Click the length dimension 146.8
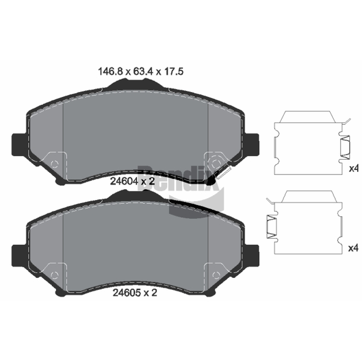(110, 71)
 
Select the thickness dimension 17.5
(173, 71)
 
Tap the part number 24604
(124, 181)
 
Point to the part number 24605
(127, 293)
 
